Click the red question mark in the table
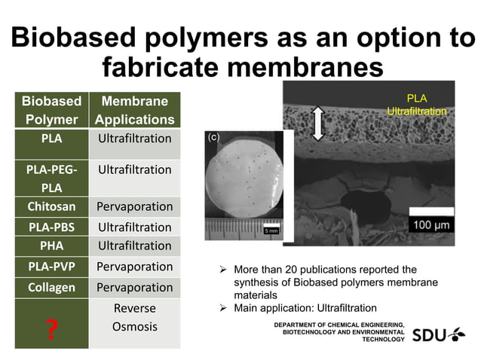pos(51,330)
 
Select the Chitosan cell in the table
pos(51,206)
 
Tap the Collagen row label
pos(51,287)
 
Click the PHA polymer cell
pos(51,246)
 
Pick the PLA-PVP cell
pos(51,266)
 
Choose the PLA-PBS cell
pos(51,227)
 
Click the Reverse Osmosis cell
pos(134,317)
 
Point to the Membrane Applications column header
pos(134,110)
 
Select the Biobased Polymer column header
pos(51,110)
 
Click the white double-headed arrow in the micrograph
pos(317,123)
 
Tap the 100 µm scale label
pos(430,225)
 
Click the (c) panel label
pos(214,138)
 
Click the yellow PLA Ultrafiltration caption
pos(416,105)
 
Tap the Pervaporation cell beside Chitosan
pos(134,206)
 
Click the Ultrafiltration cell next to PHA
pos(134,246)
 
